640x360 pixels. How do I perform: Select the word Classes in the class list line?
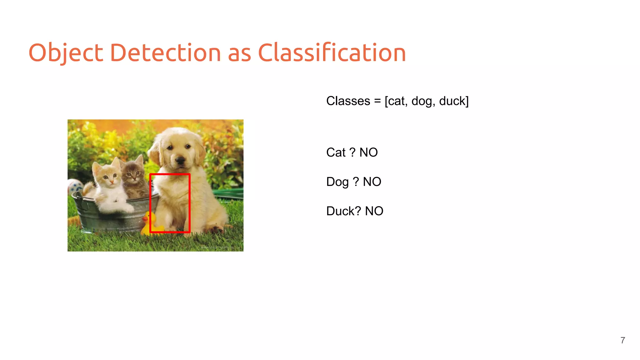(348, 101)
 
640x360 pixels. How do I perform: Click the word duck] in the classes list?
(454, 101)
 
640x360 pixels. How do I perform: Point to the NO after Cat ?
(368, 152)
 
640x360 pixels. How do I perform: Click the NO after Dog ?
(372, 182)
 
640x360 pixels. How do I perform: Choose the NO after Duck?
(374, 211)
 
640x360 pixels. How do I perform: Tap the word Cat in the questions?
(336, 152)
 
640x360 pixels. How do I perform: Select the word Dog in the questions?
(337, 182)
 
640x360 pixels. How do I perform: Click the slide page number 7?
(622, 340)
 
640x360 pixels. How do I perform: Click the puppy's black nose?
(180, 161)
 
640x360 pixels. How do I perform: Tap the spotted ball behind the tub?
(74, 187)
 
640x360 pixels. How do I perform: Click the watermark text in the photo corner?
(217, 247)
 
